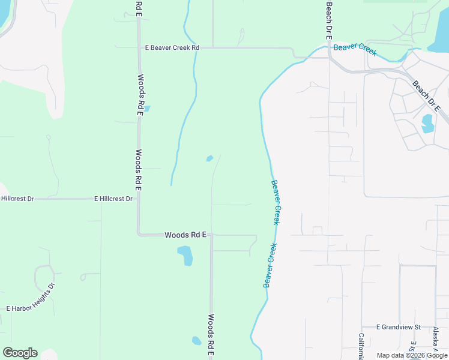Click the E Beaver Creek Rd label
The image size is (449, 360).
coord(172,47)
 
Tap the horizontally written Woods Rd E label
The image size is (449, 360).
coord(185,236)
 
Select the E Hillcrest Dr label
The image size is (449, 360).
coord(113,198)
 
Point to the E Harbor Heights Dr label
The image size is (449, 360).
coord(30,308)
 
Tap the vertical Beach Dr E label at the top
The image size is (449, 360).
coord(328,19)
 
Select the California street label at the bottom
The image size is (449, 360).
coord(361,347)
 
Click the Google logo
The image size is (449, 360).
coord(20,353)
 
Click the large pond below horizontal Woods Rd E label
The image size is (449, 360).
coord(185,256)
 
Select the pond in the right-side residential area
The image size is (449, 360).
coord(428,124)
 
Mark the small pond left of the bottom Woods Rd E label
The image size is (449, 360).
coord(196,341)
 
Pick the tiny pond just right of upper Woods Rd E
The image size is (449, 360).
coord(147,109)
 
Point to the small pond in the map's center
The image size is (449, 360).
coord(209,158)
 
